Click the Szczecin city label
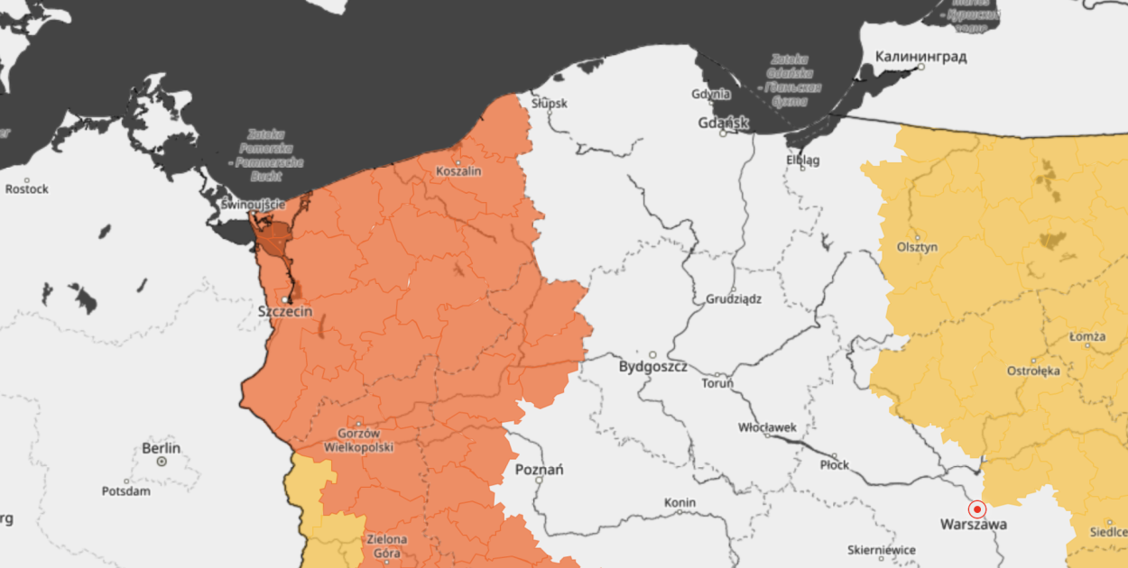coord(285,311)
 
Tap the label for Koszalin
coord(458,171)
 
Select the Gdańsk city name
coord(724,123)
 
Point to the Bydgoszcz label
coord(653,368)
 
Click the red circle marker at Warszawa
coord(976,509)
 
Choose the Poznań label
coord(539,470)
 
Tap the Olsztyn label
coord(918,247)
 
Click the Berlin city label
coord(162,448)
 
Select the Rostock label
coord(27,189)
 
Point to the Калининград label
coord(920,58)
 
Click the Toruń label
coord(718,383)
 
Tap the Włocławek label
coord(767,427)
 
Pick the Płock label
coord(834,465)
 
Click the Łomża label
coord(1087,337)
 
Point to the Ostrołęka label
coord(1033,371)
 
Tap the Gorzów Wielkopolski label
coord(358,439)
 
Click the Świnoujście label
coord(253,205)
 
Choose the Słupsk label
coord(550,104)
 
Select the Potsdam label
coord(126,491)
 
